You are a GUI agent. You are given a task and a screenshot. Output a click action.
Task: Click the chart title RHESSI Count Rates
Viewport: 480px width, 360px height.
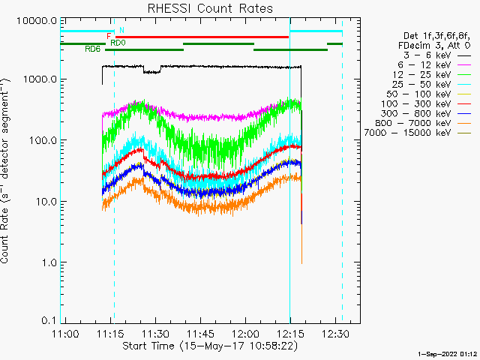point(209,8)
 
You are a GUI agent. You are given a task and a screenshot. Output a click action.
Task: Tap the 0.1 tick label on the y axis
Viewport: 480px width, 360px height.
point(49,320)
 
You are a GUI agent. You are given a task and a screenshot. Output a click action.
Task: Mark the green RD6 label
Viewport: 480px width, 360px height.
point(92,49)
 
